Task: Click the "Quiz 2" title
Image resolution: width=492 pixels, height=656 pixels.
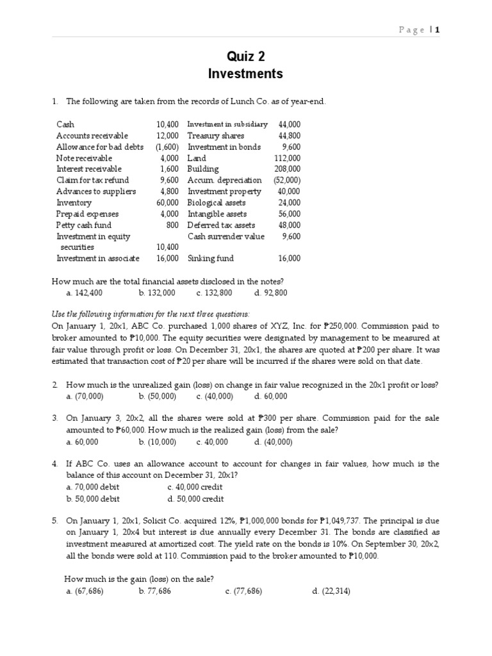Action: point(245,56)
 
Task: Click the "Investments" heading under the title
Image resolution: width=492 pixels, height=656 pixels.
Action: point(245,74)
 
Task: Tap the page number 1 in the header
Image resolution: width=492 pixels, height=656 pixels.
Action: point(438,29)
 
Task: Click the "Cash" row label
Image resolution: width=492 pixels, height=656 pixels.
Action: point(65,124)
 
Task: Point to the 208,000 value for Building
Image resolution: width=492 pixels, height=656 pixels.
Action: point(286,169)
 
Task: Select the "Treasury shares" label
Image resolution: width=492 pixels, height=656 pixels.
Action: point(213,136)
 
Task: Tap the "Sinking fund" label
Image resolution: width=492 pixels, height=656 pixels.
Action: point(210,259)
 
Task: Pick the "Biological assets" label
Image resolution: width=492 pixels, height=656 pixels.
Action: point(217,203)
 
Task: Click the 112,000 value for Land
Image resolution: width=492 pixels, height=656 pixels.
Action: point(286,158)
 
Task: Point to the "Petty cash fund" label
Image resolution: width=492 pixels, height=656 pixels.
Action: point(83,225)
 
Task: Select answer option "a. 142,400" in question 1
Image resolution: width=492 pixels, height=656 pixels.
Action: point(84,293)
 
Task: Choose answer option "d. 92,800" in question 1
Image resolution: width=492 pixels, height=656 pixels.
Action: point(270,293)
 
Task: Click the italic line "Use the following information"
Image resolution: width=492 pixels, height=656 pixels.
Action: point(151,314)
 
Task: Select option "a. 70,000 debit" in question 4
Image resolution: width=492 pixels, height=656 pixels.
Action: point(92,487)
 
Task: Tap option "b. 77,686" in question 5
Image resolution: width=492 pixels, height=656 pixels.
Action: point(154,591)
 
